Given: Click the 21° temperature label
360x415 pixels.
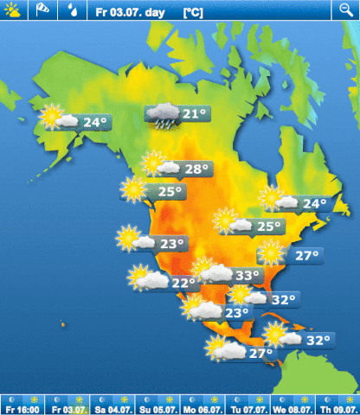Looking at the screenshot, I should (195, 114).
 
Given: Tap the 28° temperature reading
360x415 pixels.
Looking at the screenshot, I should (196, 169).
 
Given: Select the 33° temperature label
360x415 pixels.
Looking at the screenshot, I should (247, 276).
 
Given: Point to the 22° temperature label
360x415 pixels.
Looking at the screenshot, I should (183, 283).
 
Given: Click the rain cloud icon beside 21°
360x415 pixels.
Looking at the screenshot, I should (162, 116).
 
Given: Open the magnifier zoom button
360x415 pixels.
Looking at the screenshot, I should (345, 10).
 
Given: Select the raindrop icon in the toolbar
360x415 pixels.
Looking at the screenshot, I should (72, 10).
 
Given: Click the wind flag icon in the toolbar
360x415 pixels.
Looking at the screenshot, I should (43, 10).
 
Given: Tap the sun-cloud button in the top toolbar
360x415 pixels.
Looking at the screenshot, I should (15, 10).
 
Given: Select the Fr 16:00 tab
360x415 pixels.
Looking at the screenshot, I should (22, 405).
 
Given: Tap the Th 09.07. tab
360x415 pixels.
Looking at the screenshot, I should (337, 405).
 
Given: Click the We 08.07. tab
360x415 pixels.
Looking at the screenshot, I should (292, 405).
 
